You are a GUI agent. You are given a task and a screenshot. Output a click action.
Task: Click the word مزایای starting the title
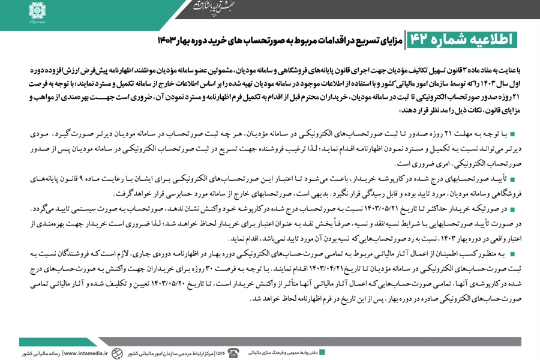pos(392,40)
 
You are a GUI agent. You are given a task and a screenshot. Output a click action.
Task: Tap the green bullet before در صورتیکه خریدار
pos(513,209)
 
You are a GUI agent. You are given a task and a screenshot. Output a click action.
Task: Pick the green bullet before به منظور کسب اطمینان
pos(513,257)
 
